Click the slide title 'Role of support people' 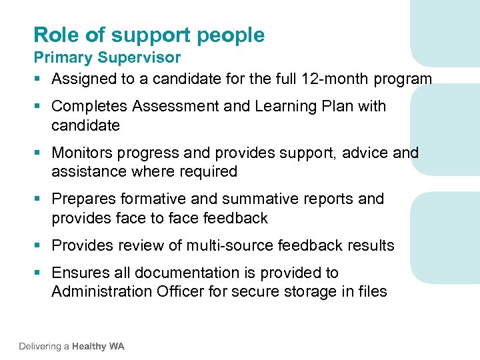149,35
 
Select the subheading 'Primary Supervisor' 107,58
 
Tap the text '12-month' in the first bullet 327,79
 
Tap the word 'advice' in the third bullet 365,153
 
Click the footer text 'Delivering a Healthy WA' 71,346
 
